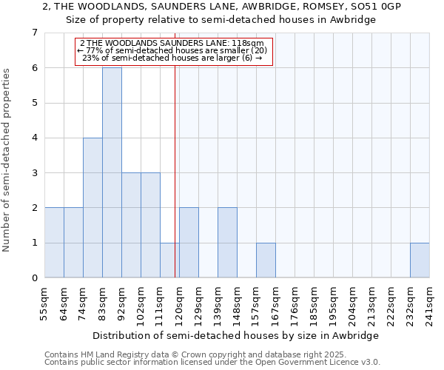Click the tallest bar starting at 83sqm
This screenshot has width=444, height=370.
[112, 172]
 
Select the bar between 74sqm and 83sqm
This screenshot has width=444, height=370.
[92, 207]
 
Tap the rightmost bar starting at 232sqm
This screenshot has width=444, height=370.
[420, 260]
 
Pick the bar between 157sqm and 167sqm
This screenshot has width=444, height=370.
[266, 260]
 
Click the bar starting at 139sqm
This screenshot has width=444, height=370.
[227, 243]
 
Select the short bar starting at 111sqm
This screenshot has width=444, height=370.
[169, 260]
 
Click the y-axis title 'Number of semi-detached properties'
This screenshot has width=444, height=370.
[7, 160]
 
